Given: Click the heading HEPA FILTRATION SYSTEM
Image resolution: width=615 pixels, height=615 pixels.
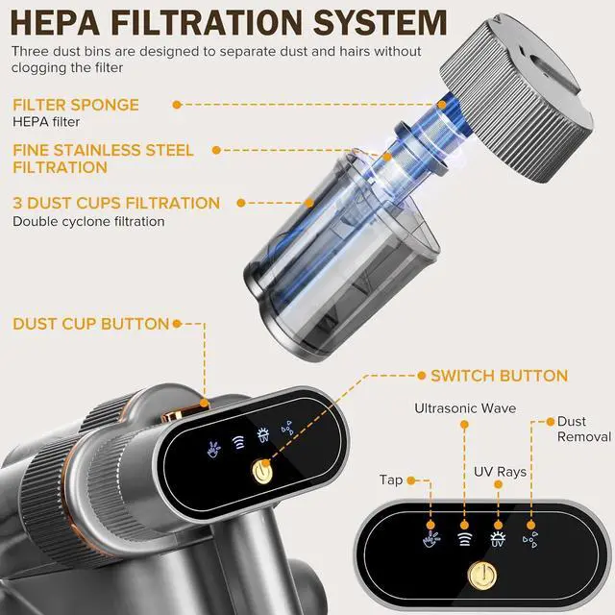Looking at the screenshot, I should pyautogui.click(x=229, y=23).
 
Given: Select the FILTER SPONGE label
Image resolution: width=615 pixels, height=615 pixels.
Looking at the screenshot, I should pyautogui.click(x=75, y=105).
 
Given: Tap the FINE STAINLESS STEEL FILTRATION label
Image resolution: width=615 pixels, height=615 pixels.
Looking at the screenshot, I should pyautogui.click(x=103, y=159).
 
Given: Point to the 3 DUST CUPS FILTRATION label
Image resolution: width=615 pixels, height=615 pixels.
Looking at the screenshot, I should pyautogui.click(x=116, y=203).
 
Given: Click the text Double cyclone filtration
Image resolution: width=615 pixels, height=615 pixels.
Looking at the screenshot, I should pyautogui.click(x=87, y=222).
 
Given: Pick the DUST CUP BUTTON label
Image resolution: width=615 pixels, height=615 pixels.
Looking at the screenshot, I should pyautogui.click(x=90, y=324).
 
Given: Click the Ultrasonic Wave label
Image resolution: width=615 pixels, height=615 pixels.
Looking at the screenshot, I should pyautogui.click(x=467, y=408).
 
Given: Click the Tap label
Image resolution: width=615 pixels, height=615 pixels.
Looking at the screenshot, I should pyautogui.click(x=391, y=480).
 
